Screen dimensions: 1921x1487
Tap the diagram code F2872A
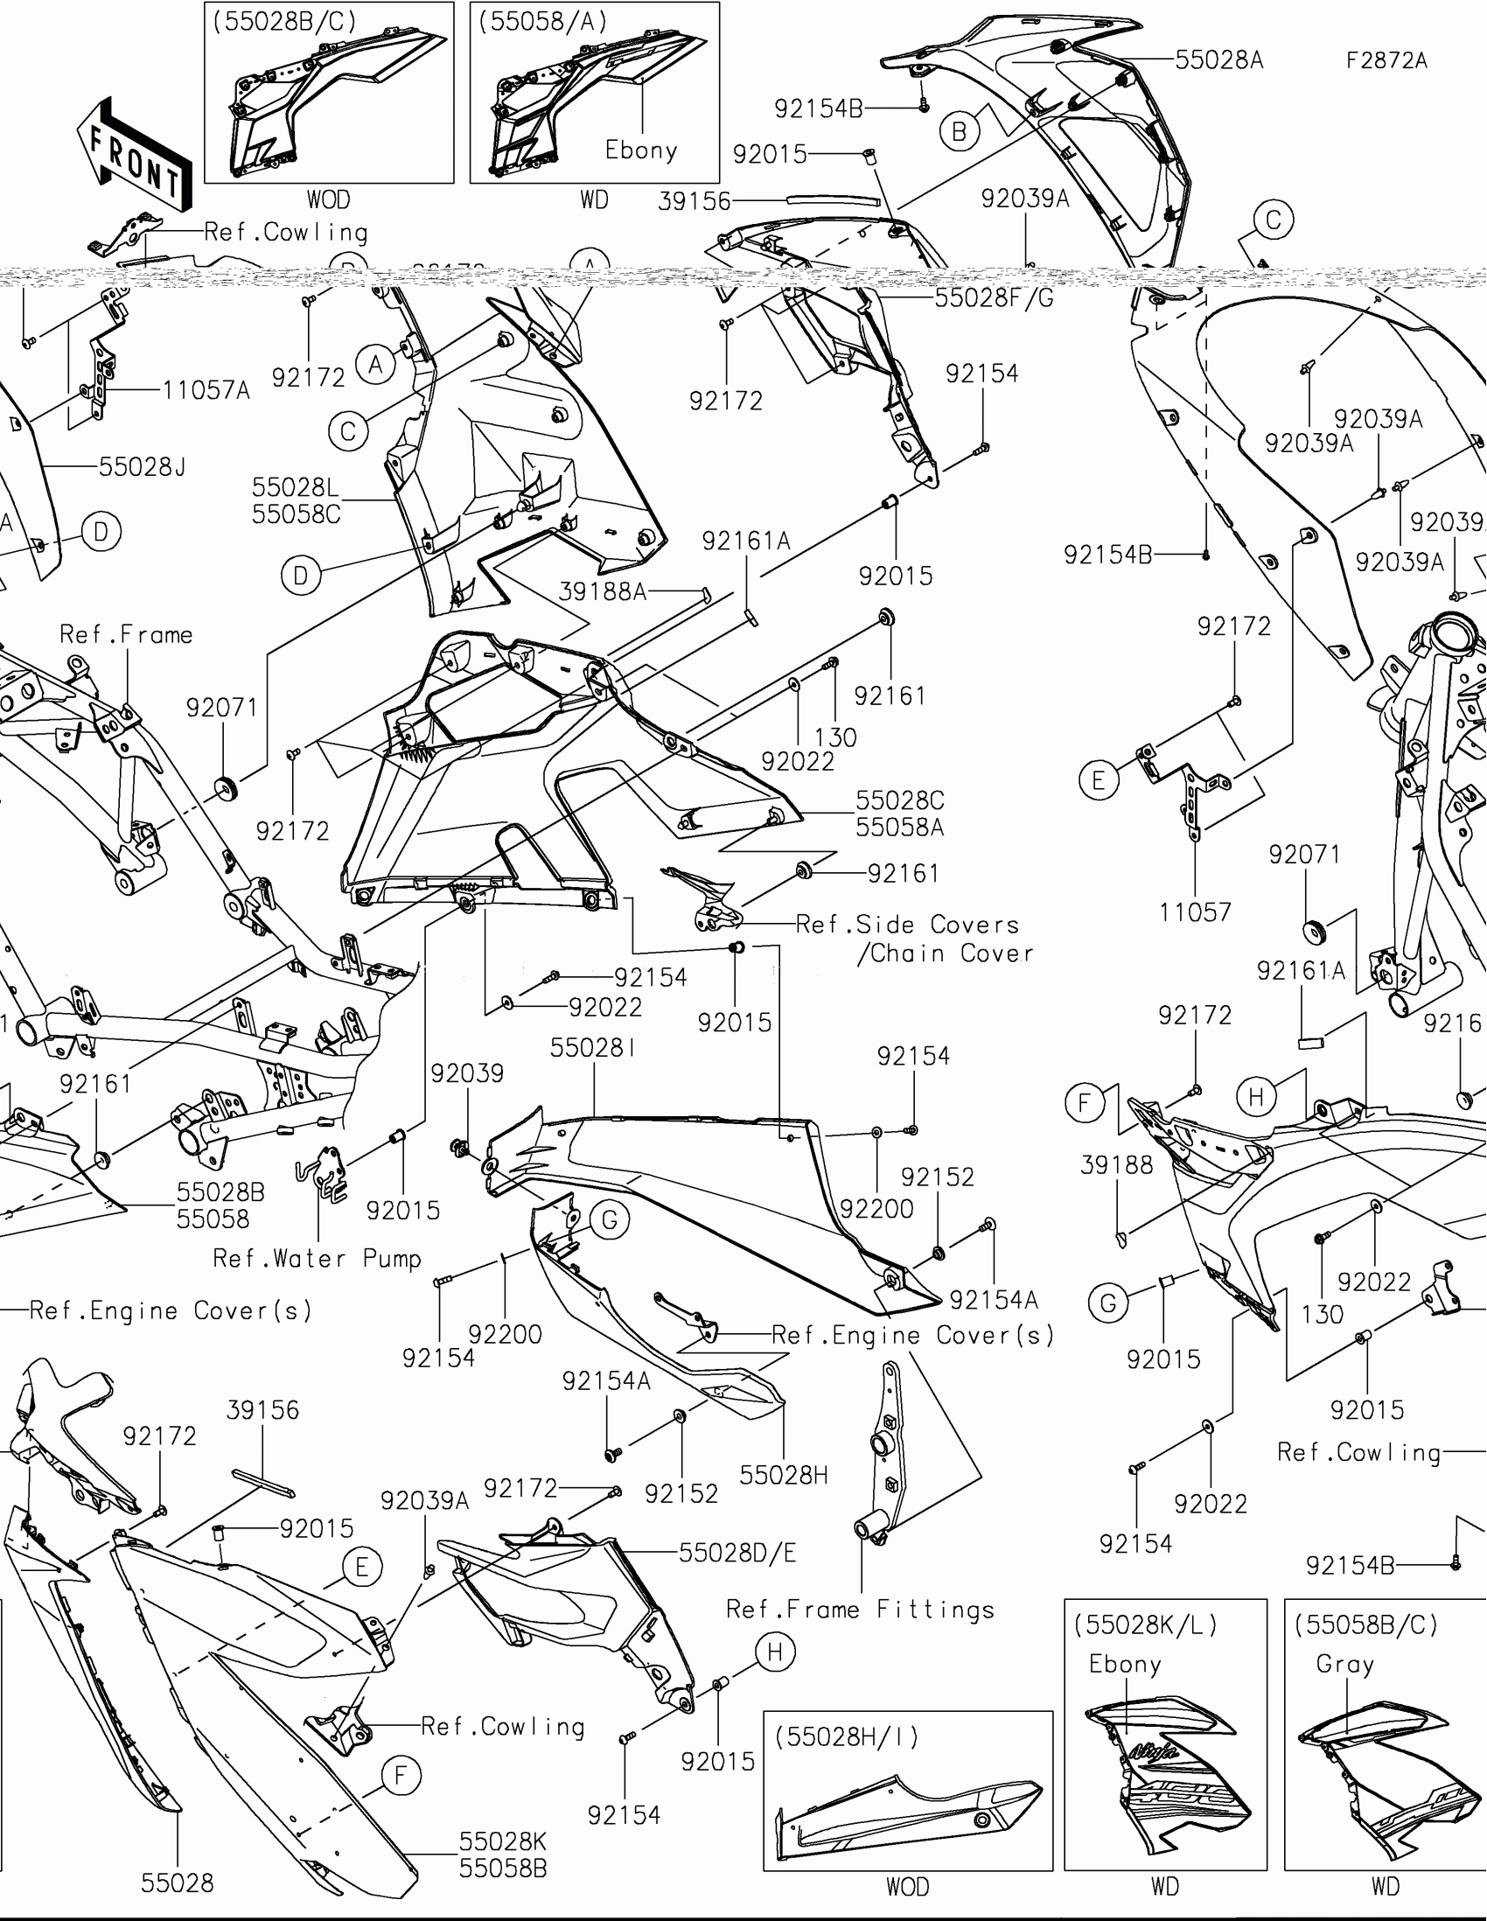coord(1386,60)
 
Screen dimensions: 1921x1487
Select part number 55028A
coord(1218,59)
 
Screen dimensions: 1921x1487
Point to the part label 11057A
coord(206,389)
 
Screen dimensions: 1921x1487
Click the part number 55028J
coord(142,467)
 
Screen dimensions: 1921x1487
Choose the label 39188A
coord(603,592)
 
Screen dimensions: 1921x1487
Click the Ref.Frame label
coord(126,635)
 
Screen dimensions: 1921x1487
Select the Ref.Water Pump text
coord(317,1259)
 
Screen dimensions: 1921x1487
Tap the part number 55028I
coord(594,1048)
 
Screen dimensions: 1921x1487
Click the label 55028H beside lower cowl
coord(784,1475)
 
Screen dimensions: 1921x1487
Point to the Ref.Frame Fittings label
coord(860,1610)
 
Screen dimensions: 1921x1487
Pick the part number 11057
coord(1194,913)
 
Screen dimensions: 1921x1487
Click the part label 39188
coord(1116,1165)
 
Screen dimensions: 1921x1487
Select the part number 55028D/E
coord(737,1554)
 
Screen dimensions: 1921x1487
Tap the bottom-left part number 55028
coord(177,1883)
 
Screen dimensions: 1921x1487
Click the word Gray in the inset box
coord(1344,1664)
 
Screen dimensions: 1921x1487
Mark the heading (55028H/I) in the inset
coord(847,1736)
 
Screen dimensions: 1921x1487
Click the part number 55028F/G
coord(994,298)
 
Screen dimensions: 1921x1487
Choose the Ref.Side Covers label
coord(906,925)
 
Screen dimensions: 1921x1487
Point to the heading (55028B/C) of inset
coord(285,22)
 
